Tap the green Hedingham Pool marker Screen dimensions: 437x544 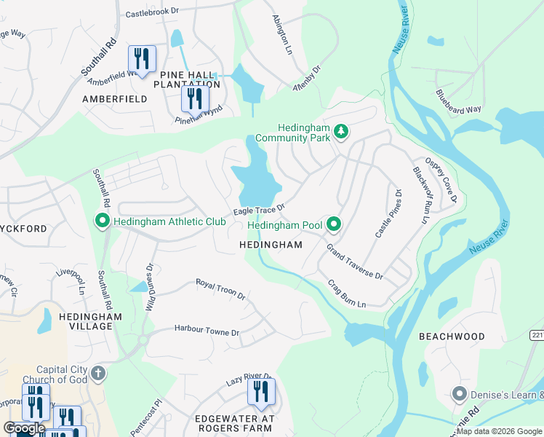(334, 224)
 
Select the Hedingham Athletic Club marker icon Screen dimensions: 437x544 (103, 221)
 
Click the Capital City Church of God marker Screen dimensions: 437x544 (99, 374)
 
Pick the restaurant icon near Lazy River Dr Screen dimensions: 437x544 (261, 393)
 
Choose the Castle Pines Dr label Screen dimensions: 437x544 (388, 213)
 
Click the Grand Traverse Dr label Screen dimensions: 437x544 (354, 262)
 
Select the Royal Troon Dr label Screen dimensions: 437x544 (220, 289)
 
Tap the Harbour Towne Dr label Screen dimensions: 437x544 (207, 331)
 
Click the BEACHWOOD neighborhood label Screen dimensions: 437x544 (452, 336)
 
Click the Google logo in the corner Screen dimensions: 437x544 (24, 428)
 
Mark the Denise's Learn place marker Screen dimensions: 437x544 (458, 395)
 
